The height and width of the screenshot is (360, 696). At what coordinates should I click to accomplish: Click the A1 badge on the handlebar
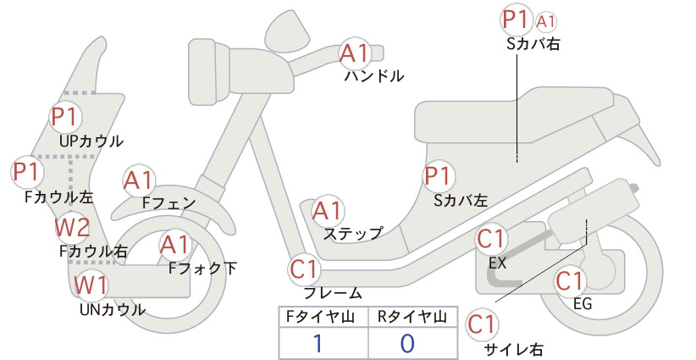354,53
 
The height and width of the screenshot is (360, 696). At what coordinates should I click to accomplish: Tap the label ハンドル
374,76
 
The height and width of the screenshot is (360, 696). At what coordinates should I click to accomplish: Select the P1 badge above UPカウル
66,117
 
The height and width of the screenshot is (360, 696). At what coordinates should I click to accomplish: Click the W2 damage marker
72,227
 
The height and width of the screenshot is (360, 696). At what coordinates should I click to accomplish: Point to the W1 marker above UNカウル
91,285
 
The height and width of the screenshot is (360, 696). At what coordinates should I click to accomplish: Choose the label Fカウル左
59,197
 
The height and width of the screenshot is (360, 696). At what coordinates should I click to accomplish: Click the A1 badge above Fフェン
138,181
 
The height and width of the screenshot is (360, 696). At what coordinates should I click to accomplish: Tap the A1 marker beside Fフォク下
175,245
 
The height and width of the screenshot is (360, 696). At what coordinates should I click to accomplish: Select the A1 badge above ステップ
327,211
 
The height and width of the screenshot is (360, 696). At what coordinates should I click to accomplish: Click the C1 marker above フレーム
305,269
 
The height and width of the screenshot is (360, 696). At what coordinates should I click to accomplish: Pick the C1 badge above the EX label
491,239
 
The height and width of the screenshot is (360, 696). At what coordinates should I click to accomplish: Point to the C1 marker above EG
570,281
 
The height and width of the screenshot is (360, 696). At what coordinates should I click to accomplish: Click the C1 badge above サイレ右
482,324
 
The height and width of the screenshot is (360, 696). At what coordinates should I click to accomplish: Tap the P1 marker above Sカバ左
439,176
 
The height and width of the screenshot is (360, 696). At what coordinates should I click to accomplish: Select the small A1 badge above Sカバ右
545,22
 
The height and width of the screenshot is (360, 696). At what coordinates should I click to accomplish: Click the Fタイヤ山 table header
320,317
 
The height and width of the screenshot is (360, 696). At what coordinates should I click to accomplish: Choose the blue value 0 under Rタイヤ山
407,343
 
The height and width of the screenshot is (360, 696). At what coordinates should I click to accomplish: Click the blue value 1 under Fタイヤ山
318,343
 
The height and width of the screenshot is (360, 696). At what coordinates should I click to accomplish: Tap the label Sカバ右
533,44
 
